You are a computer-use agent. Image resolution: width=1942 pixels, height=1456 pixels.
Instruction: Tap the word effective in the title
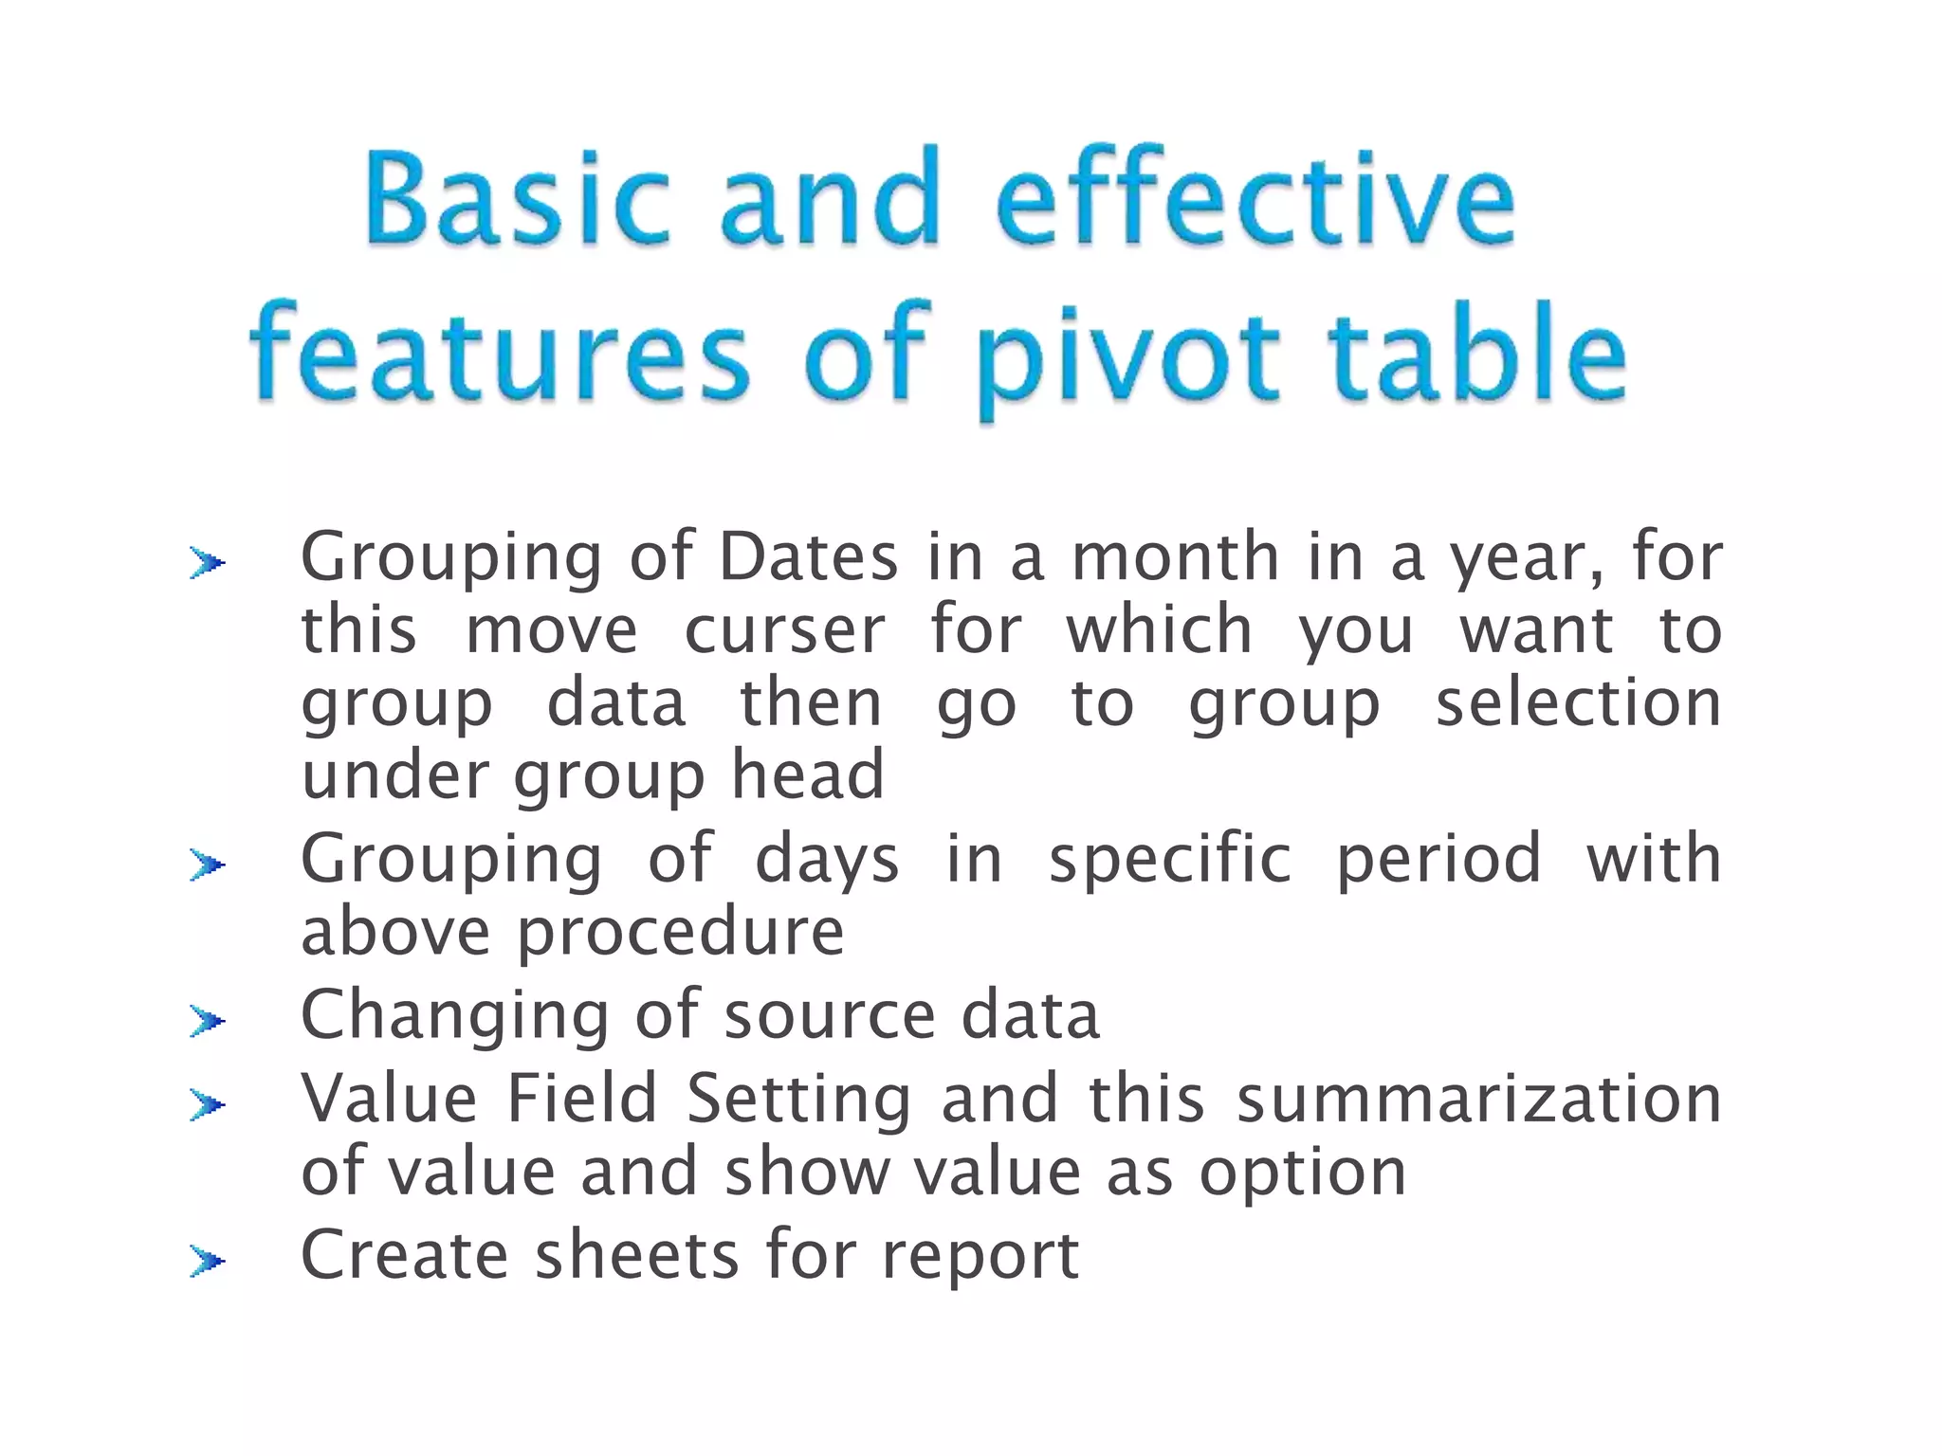tap(1255, 201)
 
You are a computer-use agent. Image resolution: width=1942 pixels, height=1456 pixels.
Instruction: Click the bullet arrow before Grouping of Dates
tap(207, 564)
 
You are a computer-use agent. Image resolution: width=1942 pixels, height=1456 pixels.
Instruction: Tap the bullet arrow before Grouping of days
tap(207, 864)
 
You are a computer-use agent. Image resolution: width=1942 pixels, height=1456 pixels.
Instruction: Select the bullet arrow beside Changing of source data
tap(207, 1021)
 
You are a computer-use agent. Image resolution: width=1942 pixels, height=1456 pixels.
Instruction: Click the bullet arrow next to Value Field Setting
tap(207, 1104)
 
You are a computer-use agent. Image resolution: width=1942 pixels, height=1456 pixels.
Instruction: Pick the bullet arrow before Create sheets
tap(207, 1261)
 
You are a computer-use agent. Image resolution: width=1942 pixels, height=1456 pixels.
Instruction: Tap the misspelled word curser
tap(784, 630)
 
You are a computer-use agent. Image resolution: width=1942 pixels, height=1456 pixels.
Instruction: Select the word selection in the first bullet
tap(1578, 703)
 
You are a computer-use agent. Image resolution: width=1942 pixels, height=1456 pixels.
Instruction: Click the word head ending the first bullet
tap(807, 775)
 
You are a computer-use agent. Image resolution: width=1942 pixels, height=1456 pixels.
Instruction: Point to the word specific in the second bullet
tap(1169, 861)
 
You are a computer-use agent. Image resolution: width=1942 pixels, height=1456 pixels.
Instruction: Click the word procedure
tap(680, 934)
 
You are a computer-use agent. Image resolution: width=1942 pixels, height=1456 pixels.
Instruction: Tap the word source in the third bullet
tap(830, 1017)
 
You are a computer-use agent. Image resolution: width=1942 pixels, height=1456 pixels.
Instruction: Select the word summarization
tap(1478, 1100)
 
